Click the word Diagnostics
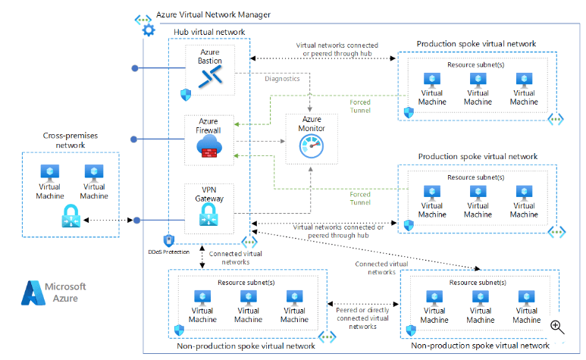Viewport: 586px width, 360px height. click(x=282, y=78)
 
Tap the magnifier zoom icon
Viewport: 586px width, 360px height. click(x=557, y=326)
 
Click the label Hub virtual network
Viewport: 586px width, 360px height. click(x=210, y=32)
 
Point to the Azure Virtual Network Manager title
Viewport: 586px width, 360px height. click(x=213, y=14)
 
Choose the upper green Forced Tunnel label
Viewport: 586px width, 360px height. click(x=360, y=107)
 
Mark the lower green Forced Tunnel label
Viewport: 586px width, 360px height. click(x=360, y=198)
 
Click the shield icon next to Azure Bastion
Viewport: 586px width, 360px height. click(x=184, y=94)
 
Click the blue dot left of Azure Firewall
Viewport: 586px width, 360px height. click(x=134, y=139)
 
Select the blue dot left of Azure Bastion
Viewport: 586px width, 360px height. click(x=134, y=68)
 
